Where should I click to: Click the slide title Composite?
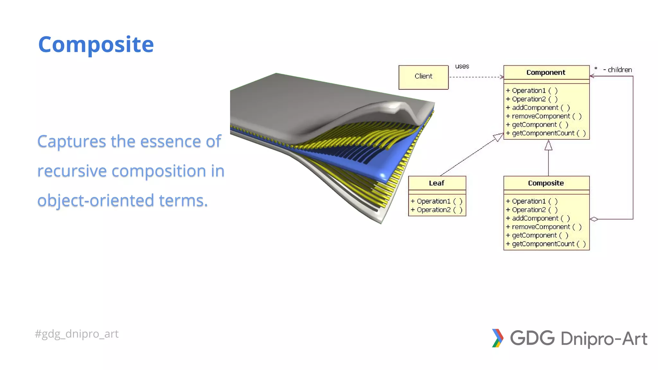pyautogui.click(x=96, y=45)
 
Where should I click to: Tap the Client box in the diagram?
pyautogui.click(x=423, y=77)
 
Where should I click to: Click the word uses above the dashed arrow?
pyautogui.click(x=462, y=66)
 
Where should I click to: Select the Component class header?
pyautogui.click(x=546, y=73)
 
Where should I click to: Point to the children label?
pyautogui.click(x=619, y=70)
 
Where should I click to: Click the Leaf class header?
pyautogui.click(x=436, y=183)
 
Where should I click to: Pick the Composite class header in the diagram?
pyautogui.click(x=546, y=183)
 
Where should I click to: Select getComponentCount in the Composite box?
pyautogui.click(x=543, y=244)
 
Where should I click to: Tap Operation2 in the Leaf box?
pyautogui.click(x=433, y=210)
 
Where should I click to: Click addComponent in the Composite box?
pyautogui.click(x=535, y=218)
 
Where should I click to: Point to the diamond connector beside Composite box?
pyautogui.click(x=594, y=219)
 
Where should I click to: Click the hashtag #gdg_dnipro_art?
pyautogui.click(x=76, y=334)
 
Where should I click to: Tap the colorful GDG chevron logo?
pyautogui.click(x=497, y=338)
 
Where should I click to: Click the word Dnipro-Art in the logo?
pyautogui.click(x=604, y=339)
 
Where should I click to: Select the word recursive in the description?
pyautogui.click(x=72, y=171)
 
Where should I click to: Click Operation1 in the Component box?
pyautogui.click(x=529, y=91)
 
